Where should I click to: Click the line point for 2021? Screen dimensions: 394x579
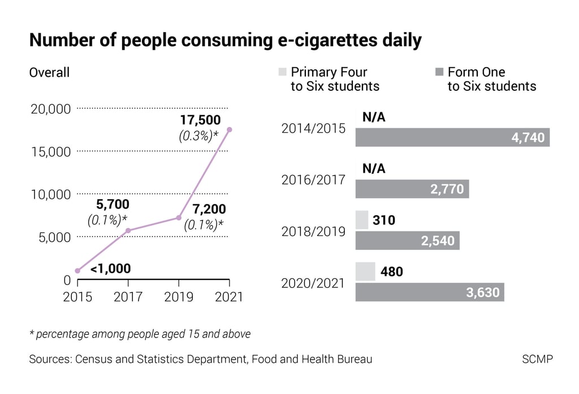pyautogui.click(x=229, y=129)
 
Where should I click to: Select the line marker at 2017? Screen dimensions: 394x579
pyautogui.click(x=128, y=230)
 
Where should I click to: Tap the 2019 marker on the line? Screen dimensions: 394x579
pyautogui.click(x=179, y=217)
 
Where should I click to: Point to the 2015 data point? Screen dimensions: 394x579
pyautogui.click(x=77, y=271)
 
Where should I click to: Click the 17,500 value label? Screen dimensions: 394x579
pyautogui.click(x=200, y=120)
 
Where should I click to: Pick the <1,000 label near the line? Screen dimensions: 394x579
pyautogui.click(x=110, y=269)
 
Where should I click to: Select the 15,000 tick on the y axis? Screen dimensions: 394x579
pyautogui.click(x=50, y=151)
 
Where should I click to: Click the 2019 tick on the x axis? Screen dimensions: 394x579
pyautogui.click(x=179, y=296)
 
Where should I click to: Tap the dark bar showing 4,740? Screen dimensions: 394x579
pyautogui.click(x=452, y=137)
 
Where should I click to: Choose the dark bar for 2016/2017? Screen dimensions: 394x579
pyautogui.click(x=412, y=189)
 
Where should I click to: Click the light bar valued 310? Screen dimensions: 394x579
pyautogui.click(x=362, y=220)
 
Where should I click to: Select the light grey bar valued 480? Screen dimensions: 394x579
pyautogui.click(x=365, y=272)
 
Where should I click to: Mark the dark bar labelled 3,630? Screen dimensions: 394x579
pyautogui.click(x=430, y=292)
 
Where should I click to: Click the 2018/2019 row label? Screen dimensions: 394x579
pyautogui.click(x=313, y=231)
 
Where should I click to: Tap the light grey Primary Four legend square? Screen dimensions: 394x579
pyautogui.click(x=282, y=72)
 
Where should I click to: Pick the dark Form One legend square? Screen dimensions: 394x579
pyautogui.click(x=439, y=72)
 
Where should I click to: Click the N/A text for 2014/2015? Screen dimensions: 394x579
pyautogui.click(x=373, y=117)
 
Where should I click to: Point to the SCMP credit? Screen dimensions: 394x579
pyautogui.click(x=538, y=359)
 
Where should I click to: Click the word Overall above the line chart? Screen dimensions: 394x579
pyautogui.click(x=49, y=72)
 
